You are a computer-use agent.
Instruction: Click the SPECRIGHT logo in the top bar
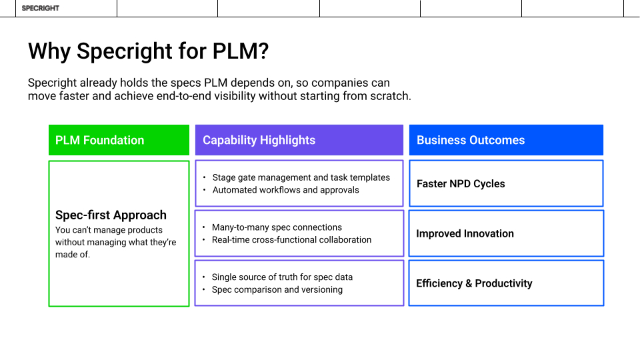pyautogui.click(x=40, y=8)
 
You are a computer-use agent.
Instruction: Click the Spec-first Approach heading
pyautogui.click(x=111, y=215)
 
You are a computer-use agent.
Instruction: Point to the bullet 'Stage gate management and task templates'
pyautogui.click(x=301, y=177)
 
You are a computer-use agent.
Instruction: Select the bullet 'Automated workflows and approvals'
pyautogui.click(x=285, y=190)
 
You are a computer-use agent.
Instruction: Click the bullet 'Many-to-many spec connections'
pyautogui.click(x=277, y=227)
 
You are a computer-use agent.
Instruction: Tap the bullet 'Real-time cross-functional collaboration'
pyautogui.click(x=291, y=240)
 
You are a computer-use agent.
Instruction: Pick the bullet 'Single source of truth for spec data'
pyautogui.click(x=282, y=277)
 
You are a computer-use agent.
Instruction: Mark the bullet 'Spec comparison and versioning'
pyautogui.click(x=277, y=290)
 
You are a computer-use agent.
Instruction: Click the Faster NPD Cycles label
pyautogui.click(x=461, y=184)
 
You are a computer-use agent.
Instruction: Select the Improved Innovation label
pyautogui.click(x=465, y=234)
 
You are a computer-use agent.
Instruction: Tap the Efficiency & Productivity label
pyautogui.click(x=474, y=283)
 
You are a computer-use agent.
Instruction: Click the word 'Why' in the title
pyautogui.click(x=50, y=51)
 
